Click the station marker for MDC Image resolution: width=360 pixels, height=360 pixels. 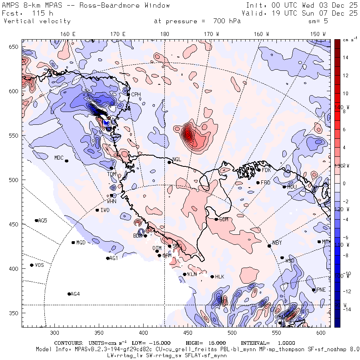point(66,161)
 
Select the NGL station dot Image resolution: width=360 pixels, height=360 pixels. point(169,162)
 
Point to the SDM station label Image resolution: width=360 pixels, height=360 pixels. point(224,219)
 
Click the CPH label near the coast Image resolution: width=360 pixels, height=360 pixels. point(136,94)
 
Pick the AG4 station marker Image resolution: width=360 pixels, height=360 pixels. point(69,294)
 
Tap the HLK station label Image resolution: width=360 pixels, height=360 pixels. point(220,277)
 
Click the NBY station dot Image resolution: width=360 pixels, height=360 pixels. point(269,246)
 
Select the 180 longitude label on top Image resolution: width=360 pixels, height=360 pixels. point(164,34)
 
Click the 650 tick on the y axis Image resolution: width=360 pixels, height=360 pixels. point(14,47)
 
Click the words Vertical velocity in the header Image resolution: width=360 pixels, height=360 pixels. point(37,21)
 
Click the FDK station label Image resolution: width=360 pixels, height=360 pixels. point(266,170)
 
